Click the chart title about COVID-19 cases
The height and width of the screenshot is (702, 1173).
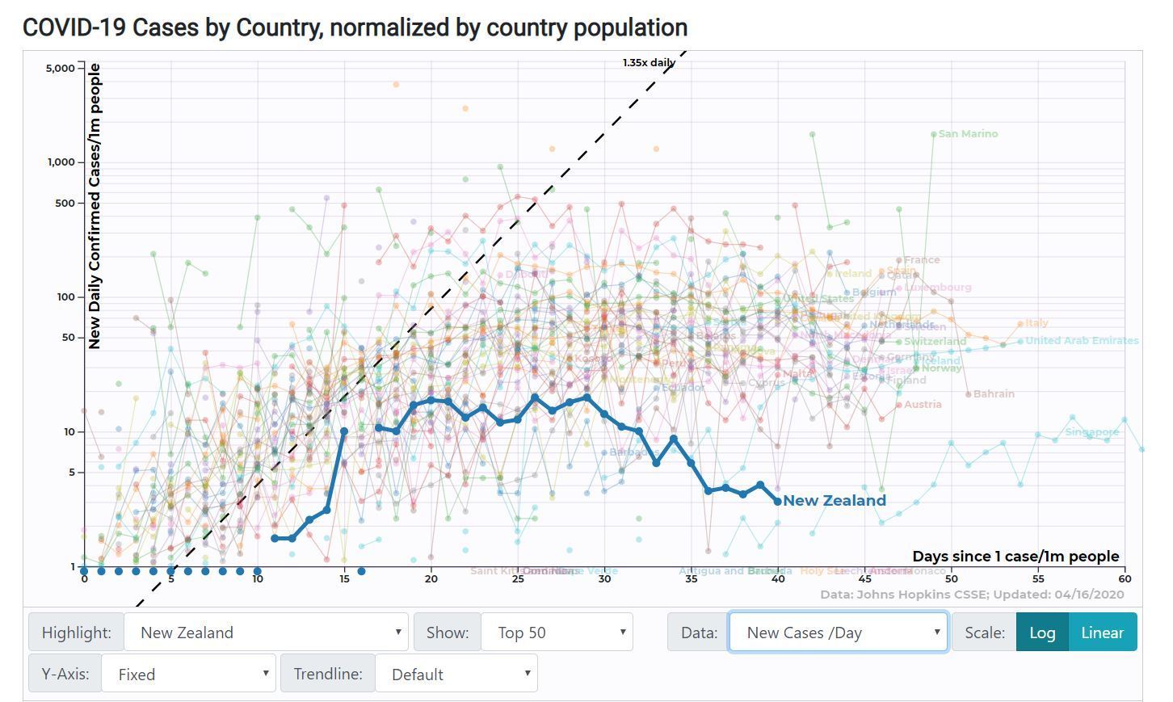(x=355, y=27)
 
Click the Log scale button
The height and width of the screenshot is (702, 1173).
(x=1041, y=633)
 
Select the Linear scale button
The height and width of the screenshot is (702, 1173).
(x=1102, y=633)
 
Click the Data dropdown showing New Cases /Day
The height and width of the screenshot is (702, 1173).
(x=837, y=633)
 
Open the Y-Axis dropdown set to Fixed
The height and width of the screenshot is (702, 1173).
(x=187, y=674)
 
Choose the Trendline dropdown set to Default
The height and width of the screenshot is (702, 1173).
(x=456, y=674)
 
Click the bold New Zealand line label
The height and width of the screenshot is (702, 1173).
(x=835, y=501)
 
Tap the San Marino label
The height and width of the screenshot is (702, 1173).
(x=968, y=134)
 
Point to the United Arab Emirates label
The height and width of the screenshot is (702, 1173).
(x=1082, y=341)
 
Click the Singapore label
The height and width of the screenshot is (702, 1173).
(x=1091, y=432)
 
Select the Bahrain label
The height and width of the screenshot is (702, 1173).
(x=994, y=394)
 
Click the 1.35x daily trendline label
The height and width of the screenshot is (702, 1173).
(x=649, y=62)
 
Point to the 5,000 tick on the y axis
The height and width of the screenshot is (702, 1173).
(x=60, y=68)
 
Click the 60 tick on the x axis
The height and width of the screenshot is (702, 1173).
(x=1125, y=578)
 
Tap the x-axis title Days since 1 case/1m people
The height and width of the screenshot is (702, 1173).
(x=1015, y=557)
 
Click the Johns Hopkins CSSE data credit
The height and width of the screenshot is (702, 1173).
(x=971, y=595)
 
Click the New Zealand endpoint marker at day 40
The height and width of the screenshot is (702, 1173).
(x=778, y=502)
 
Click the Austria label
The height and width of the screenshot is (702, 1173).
(x=923, y=405)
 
